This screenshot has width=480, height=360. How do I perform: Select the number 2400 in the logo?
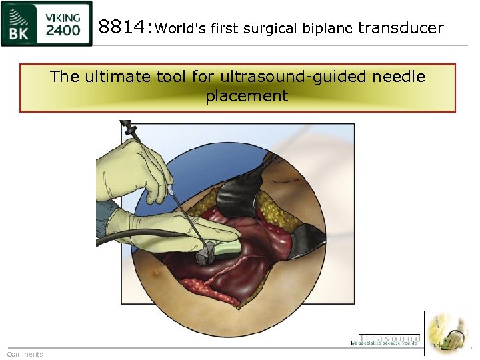coord(63,30)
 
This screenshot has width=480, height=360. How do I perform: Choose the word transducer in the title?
coord(401,27)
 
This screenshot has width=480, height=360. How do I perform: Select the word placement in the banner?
coord(247,96)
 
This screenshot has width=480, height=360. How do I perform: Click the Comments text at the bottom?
coord(25,354)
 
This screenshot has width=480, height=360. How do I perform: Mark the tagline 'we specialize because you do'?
coord(385,343)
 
